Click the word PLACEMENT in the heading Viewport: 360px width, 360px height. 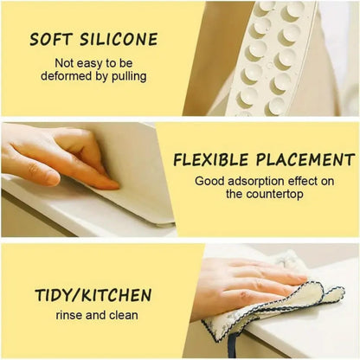(306, 159)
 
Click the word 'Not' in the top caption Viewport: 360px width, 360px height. (64, 63)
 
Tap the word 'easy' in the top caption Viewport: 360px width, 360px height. (91, 63)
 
